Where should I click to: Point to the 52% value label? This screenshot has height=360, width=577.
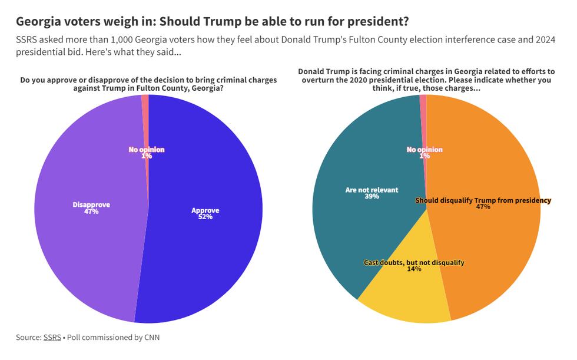coord(205,217)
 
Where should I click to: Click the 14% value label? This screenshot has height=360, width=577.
coord(414,269)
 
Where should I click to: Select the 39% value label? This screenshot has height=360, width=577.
coord(372,197)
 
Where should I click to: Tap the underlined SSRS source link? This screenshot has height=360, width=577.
coord(52,338)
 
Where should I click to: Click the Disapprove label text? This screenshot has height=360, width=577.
coord(91,204)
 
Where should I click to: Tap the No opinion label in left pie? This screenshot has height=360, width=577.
coord(147,150)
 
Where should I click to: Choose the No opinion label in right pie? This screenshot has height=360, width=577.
coord(425,150)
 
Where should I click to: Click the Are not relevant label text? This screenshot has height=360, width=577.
coord(372,190)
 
